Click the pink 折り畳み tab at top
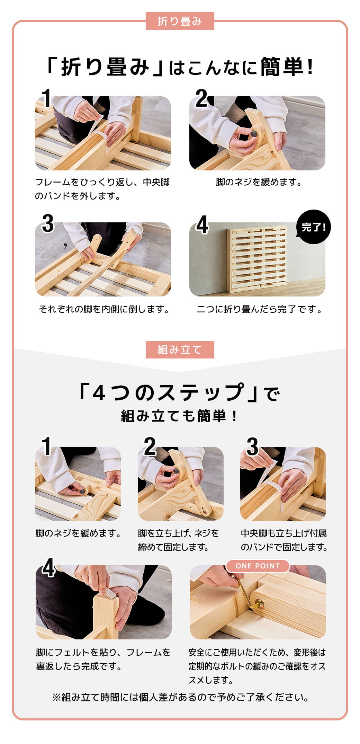point(180,21)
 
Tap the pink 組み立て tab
point(180,349)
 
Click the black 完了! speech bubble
point(313,227)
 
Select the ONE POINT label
point(258,566)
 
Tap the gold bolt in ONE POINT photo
point(258,604)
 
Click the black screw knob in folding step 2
point(254,133)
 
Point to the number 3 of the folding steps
point(48,223)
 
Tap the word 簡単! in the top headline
point(287,67)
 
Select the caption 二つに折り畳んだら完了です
point(259,309)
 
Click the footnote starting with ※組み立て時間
point(180,697)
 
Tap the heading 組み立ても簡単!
point(180,416)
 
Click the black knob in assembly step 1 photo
point(82,491)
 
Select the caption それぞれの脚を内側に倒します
point(104,309)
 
